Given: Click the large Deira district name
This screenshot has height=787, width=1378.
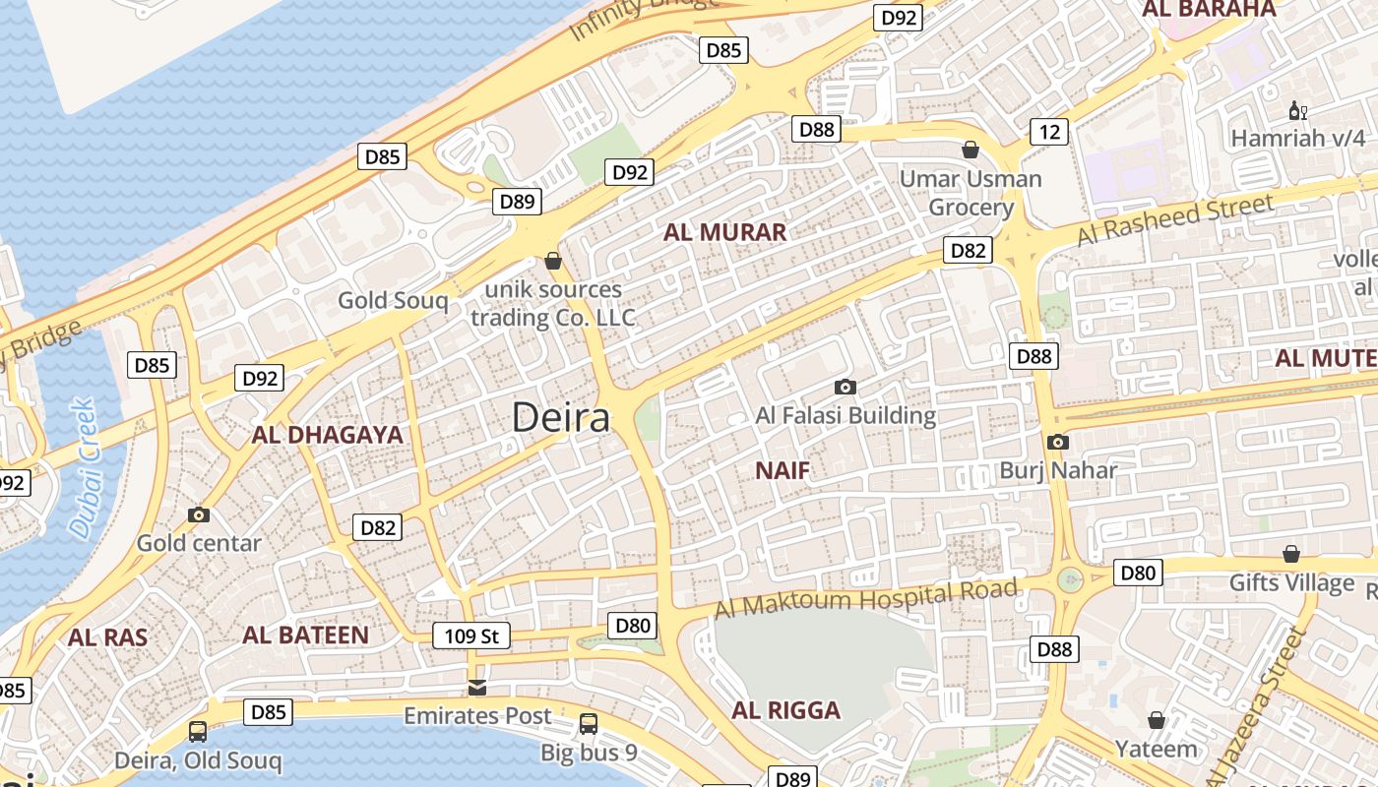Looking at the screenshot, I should point(561,417).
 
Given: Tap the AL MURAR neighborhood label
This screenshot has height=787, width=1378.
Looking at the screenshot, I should point(724,232).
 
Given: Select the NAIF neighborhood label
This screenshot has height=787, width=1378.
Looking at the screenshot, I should point(783,470).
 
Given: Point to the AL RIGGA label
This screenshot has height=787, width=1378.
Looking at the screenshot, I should point(785,710).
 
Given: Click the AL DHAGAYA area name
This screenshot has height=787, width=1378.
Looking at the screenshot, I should point(328,435).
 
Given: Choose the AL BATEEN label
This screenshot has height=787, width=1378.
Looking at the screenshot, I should point(305,635).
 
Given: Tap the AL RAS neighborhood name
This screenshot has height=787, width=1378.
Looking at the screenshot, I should point(107,636).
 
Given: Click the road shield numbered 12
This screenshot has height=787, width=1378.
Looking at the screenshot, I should point(1049,131).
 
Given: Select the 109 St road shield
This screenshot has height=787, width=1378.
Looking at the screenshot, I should point(472,636).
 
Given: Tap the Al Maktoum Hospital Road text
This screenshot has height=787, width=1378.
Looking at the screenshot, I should point(865,597).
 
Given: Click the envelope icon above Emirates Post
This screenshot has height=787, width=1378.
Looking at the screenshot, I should point(477,686).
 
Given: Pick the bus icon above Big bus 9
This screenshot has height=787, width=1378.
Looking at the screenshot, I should point(589,724).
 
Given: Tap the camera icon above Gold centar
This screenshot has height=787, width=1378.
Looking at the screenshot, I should point(199,515).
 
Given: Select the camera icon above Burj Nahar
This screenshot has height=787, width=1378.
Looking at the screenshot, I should point(1058,442).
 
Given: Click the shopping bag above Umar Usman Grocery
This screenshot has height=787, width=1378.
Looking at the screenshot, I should point(971,150).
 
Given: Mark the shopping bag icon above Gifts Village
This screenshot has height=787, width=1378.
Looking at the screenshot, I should point(1290,554).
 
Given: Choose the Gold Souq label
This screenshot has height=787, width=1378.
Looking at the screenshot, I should point(393,300).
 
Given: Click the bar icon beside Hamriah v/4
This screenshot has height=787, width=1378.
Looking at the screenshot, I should point(1298,110).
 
